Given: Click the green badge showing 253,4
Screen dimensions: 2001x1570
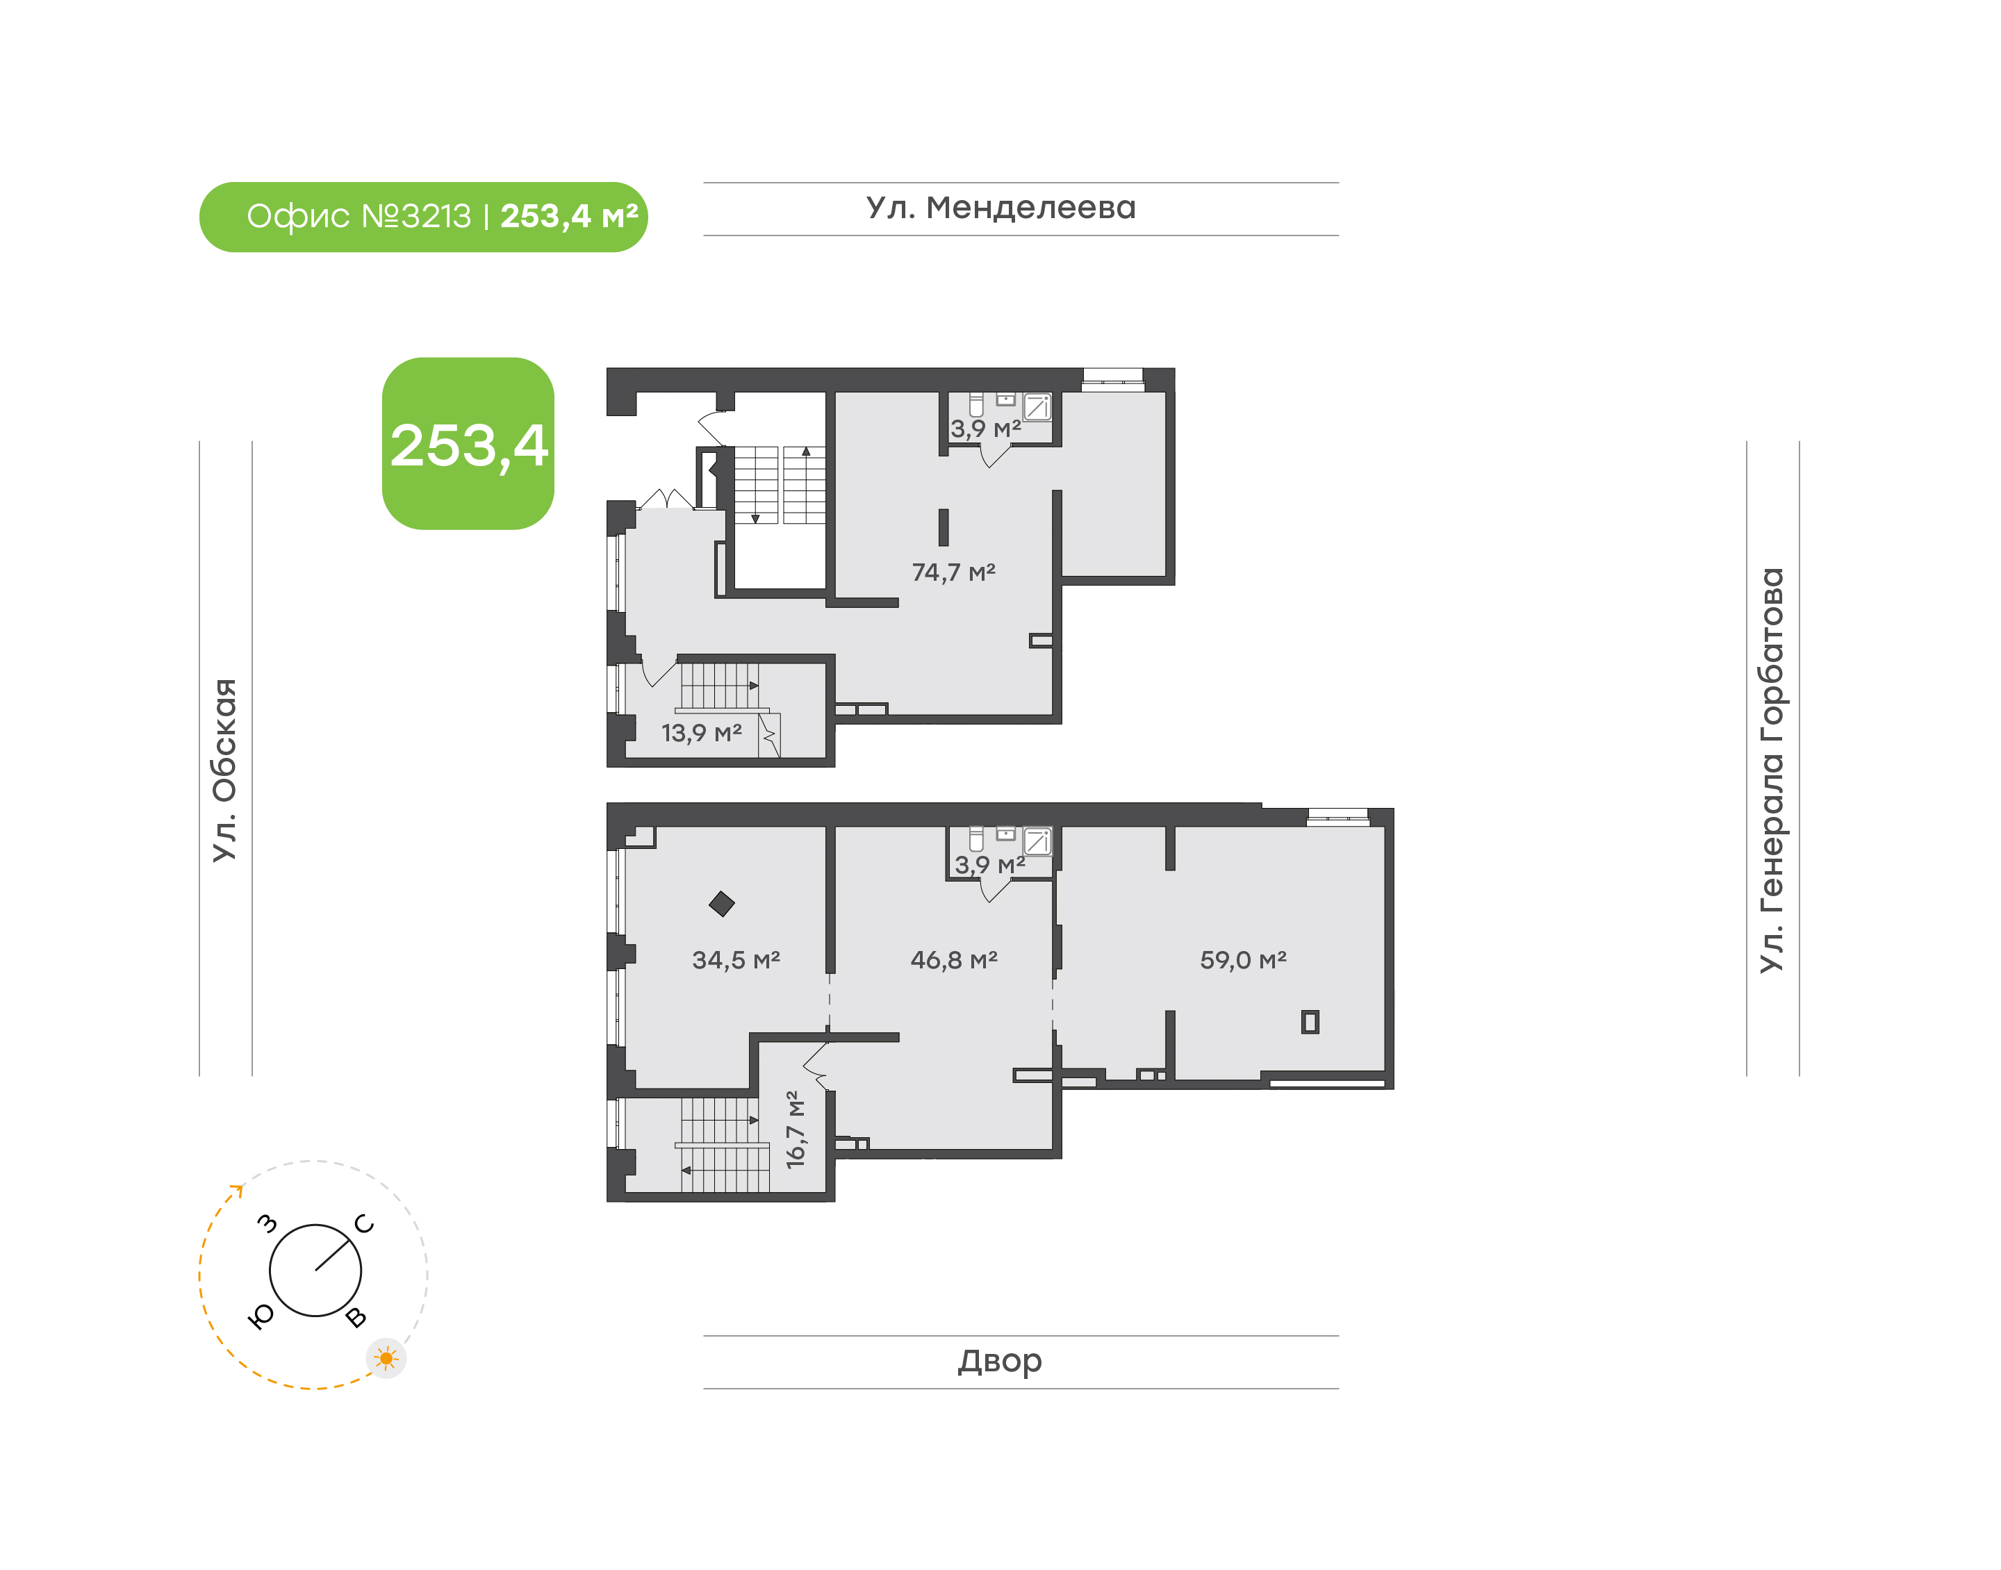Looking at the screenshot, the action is [x=468, y=443].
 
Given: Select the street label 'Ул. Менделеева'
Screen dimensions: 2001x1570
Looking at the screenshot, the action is [x=1001, y=208].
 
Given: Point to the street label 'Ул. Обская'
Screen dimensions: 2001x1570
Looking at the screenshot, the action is [x=225, y=770].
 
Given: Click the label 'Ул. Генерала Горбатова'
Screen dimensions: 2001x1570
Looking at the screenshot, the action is [x=1771, y=770].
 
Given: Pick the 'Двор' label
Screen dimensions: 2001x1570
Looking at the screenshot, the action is [x=1000, y=1360].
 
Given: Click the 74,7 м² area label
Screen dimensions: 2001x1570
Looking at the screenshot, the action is [x=953, y=572].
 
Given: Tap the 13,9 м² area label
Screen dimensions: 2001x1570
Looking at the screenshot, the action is [x=701, y=733].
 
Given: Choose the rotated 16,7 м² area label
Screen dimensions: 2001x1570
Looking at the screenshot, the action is [x=795, y=1130].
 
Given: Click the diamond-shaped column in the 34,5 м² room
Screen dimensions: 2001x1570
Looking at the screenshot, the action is [x=721, y=904].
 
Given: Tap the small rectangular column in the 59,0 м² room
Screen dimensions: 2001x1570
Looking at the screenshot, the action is [x=1310, y=1021].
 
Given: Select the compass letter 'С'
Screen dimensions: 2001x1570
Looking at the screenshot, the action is [x=364, y=1223].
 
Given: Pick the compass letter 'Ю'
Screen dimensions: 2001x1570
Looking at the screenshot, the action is [x=262, y=1317].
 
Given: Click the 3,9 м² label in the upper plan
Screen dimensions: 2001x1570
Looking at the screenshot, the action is [x=985, y=429].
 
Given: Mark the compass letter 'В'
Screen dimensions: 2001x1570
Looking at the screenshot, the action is [x=356, y=1317].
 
